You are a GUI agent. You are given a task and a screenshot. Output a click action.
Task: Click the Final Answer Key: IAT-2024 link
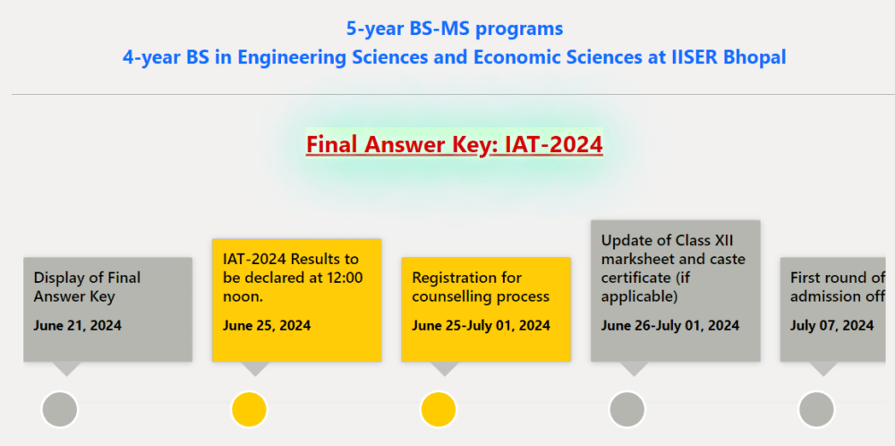coord(454,144)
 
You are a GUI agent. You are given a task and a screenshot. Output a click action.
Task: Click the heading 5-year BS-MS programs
coord(455,29)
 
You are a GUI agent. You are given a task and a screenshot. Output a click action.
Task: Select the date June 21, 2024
coord(78,325)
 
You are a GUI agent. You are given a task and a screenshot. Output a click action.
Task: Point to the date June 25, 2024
coord(267,325)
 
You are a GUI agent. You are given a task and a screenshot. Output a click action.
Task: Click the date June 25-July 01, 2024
coord(481,325)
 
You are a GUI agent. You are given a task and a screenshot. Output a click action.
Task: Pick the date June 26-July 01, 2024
coord(670,325)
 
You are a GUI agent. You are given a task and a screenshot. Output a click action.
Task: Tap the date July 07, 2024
coord(831,325)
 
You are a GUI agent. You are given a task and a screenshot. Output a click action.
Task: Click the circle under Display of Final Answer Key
coord(60,409)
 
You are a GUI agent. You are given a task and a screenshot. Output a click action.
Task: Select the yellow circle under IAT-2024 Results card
coord(249,409)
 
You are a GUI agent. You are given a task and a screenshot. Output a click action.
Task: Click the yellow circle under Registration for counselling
coord(439,409)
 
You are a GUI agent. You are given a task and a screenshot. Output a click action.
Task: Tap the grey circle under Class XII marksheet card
coord(627,409)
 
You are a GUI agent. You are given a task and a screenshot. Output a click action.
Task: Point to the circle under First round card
coord(816,409)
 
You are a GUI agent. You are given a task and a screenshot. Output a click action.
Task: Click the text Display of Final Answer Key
coord(87,287)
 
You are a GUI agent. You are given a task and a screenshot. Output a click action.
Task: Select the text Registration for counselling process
coord(481,287)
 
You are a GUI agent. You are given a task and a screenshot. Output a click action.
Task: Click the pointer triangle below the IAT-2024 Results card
coord(256,368)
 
